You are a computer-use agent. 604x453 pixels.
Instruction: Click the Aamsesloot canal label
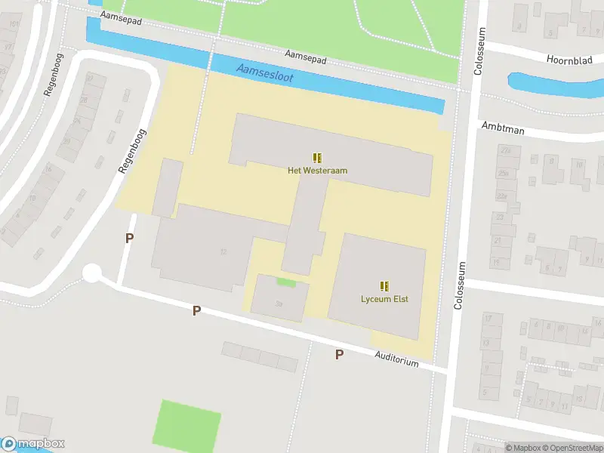(263, 73)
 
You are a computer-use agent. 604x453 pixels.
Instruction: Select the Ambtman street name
(502, 128)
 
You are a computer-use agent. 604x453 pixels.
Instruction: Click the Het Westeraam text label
(317, 171)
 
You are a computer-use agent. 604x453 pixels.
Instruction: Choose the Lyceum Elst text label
(384, 299)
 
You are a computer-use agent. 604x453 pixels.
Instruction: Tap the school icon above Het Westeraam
(317, 158)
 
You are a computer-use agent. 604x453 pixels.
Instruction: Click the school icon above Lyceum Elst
(384, 286)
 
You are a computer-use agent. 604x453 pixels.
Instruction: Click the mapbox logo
(33, 443)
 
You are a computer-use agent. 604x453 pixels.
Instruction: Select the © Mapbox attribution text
(523, 448)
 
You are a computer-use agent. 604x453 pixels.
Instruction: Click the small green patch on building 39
(285, 282)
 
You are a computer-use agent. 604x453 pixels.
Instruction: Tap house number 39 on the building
(279, 304)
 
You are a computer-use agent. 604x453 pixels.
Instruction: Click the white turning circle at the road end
(92, 273)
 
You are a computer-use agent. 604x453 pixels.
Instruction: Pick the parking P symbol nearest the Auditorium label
(339, 354)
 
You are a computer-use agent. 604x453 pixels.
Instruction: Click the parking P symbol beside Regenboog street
(129, 238)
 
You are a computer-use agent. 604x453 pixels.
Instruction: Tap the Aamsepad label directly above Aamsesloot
(305, 57)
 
